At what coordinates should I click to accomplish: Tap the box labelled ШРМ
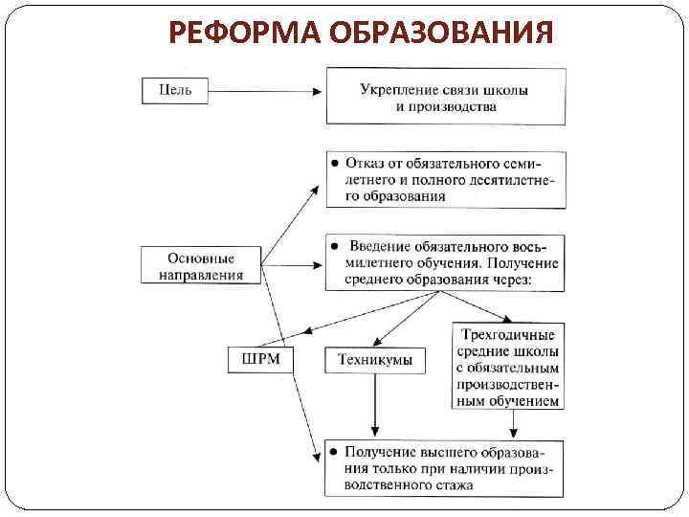(x=260, y=360)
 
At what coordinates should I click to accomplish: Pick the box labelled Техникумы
(x=375, y=360)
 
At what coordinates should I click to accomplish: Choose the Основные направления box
(x=200, y=266)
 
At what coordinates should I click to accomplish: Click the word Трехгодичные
(x=507, y=334)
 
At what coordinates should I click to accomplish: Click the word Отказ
(x=368, y=161)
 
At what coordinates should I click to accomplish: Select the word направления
(x=200, y=275)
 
